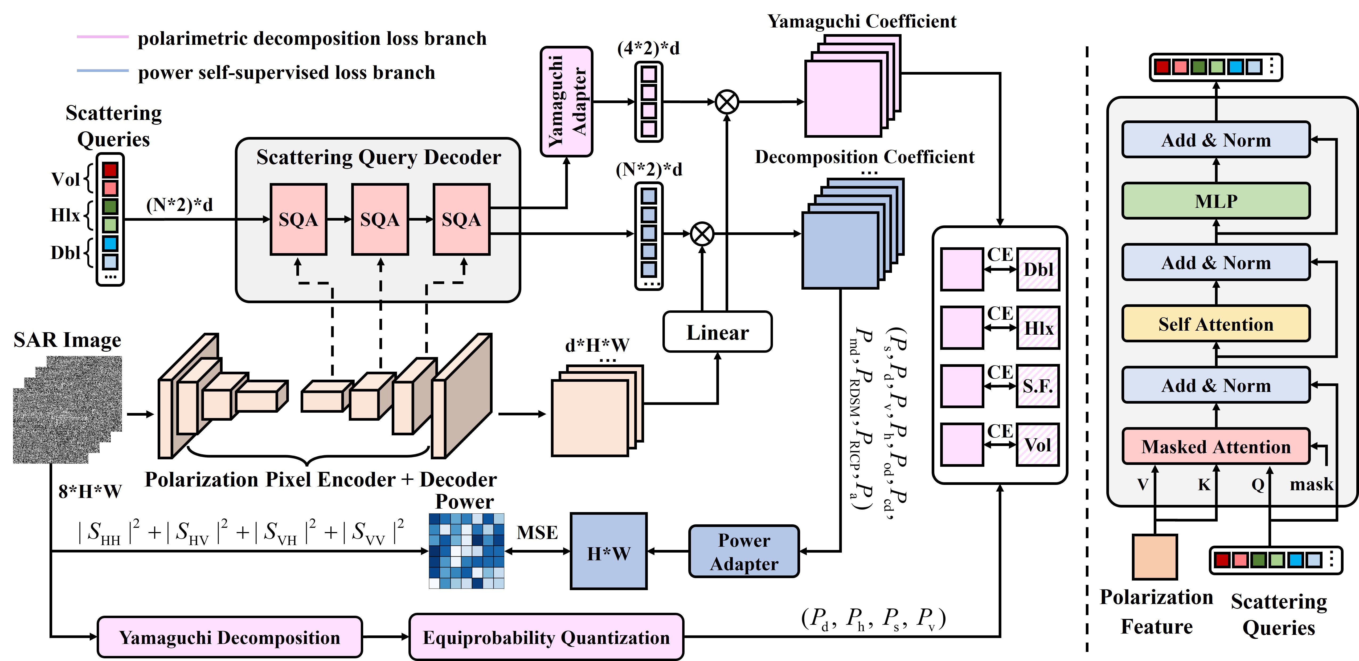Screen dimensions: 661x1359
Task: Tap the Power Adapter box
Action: [x=744, y=552]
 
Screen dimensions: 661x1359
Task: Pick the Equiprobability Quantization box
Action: [x=546, y=637]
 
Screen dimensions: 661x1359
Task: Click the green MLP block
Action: [x=1216, y=201]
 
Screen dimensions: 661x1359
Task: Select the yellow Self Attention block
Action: [x=1216, y=324]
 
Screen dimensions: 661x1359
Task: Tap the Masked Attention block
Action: [x=1216, y=447]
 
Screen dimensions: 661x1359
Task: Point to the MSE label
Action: [x=537, y=532]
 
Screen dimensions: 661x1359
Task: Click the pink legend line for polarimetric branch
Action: [x=102, y=37]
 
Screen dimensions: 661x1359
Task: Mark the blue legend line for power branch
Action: [x=102, y=70]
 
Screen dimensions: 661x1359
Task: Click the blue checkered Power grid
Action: [x=466, y=551]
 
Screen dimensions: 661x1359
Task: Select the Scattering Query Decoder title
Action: [x=378, y=157]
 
